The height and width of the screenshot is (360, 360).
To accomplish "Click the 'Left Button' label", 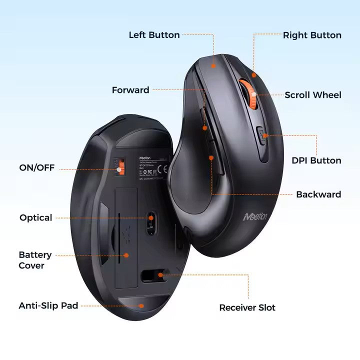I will [x=154, y=35].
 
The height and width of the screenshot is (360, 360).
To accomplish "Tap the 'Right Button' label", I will [x=312, y=35].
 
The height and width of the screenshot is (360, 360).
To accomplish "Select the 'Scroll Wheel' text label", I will [x=313, y=95].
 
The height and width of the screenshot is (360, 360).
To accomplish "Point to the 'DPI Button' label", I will [x=316, y=160].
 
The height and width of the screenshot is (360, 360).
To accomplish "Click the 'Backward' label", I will [x=318, y=194].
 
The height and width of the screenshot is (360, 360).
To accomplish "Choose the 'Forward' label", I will [x=130, y=90].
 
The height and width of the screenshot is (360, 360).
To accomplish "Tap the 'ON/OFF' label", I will [x=37, y=167].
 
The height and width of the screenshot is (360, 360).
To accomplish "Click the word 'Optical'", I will [x=36, y=217].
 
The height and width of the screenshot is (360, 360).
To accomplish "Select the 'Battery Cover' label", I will [x=35, y=260].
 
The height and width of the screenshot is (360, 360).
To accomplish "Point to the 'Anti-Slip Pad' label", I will [x=48, y=305].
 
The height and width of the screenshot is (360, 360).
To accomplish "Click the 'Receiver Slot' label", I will [x=247, y=307].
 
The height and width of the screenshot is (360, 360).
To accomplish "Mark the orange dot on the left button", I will [x=213, y=65].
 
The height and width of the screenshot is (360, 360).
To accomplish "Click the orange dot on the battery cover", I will [x=126, y=255].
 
